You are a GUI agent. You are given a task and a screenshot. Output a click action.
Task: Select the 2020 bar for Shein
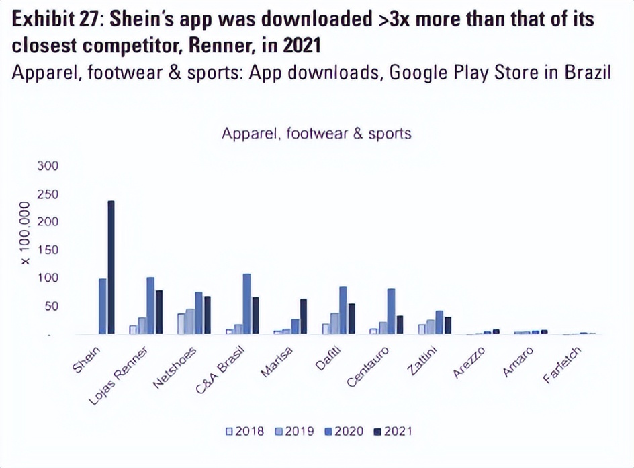click(x=103, y=306)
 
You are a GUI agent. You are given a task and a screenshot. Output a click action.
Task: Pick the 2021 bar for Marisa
click(x=303, y=316)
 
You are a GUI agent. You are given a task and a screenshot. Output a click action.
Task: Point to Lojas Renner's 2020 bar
click(x=150, y=305)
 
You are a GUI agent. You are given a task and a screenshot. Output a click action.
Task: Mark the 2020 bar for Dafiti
click(x=343, y=310)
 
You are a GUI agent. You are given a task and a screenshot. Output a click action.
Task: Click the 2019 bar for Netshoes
click(x=190, y=321)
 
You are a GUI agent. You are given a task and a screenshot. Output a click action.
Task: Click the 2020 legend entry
click(x=343, y=431)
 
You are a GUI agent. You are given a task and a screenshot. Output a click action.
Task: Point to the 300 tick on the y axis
click(x=48, y=165)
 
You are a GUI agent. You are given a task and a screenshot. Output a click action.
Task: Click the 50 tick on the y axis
click(x=51, y=307)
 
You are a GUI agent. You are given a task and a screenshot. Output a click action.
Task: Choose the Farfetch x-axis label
click(x=561, y=366)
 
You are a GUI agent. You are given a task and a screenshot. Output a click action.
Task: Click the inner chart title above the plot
click(x=316, y=133)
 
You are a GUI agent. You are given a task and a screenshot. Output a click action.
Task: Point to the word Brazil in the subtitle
click(x=585, y=72)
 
